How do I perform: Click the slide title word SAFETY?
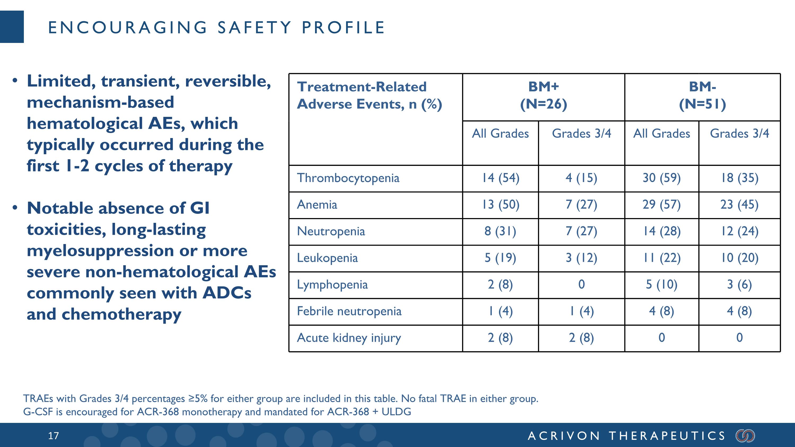pos(255,28)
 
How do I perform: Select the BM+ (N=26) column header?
pos(544,95)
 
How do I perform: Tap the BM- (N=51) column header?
pos(703,95)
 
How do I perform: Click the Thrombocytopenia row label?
pos(348,178)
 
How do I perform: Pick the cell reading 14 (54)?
pos(501,178)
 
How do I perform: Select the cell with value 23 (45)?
pos(739,205)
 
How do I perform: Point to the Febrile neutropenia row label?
pos(349,311)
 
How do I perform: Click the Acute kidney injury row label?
pos(349,338)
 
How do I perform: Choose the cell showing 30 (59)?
pos(661,178)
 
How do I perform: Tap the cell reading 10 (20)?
pos(739,258)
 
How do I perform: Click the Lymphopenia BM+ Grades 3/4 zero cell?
pos(581,284)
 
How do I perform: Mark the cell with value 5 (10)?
pos(661,284)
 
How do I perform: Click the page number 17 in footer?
pos(53,436)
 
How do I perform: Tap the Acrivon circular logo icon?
pos(745,436)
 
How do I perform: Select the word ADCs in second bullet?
pos(227,293)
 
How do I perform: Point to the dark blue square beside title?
pos(12,26)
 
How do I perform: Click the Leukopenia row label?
pos(327,258)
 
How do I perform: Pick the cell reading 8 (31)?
pos(500,231)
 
